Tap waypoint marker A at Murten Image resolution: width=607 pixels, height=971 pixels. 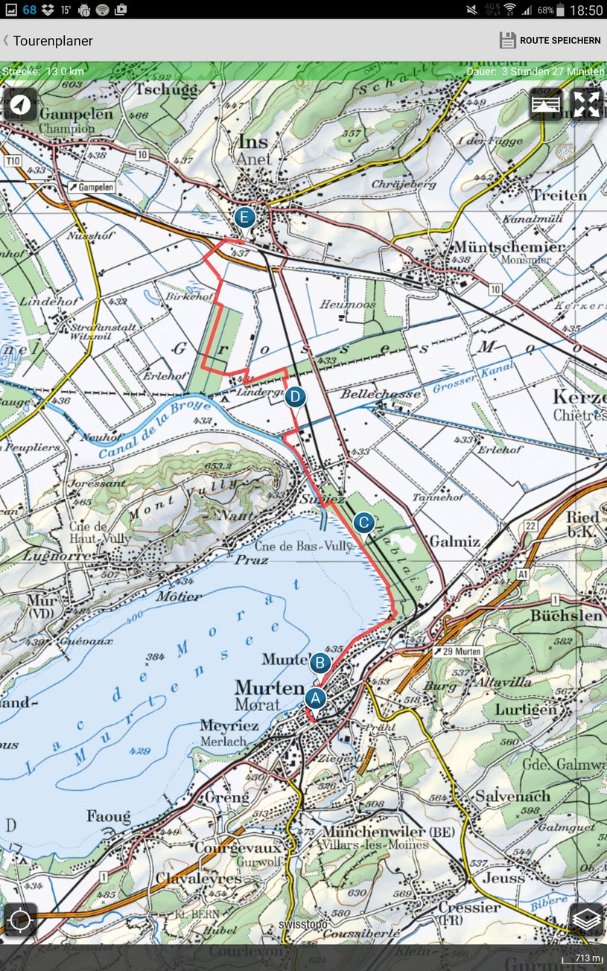tap(315, 698)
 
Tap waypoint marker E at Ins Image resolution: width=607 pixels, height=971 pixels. tap(244, 218)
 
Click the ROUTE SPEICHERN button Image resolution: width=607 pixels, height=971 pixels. tap(550, 40)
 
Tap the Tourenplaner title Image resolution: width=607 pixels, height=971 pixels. tap(52, 41)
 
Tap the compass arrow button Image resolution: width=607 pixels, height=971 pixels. tap(20, 104)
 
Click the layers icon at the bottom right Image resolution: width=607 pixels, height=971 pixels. tap(587, 919)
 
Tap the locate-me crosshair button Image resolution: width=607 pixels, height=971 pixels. tap(19, 920)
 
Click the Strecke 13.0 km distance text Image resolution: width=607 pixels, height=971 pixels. tap(43, 71)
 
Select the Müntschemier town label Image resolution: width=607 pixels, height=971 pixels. tap(509, 246)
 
